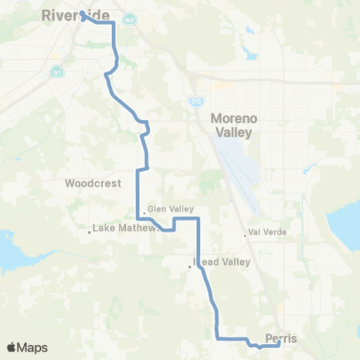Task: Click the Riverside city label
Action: click(x=76, y=14)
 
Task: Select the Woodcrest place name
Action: click(x=93, y=183)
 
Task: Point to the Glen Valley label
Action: click(x=171, y=209)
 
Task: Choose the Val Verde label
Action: click(x=268, y=232)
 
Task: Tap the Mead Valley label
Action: click(x=221, y=262)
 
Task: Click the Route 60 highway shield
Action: click(x=130, y=19)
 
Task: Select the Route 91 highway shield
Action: click(x=57, y=73)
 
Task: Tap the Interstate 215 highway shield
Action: click(x=196, y=99)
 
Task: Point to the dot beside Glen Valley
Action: click(x=144, y=213)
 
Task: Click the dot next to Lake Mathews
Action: click(x=89, y=232)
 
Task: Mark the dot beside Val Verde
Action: click(x=245, y=235)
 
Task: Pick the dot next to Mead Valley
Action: click(x=190, y=265)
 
